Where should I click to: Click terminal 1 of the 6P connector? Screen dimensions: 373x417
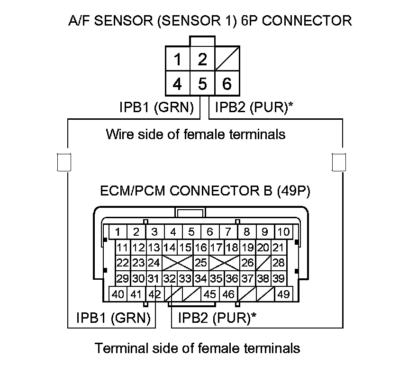pyautogui.click(x=177, y=60)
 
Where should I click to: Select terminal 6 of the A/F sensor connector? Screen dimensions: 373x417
pyautogui.click(x=227, y=84)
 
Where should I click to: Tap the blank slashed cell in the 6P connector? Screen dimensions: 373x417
pyautogui.click(x=227, y=60)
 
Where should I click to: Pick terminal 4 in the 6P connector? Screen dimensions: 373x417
pyautogui.click(x=177, y=84)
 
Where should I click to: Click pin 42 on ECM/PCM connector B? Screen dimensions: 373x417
pyautogui.click(x=154, y=294)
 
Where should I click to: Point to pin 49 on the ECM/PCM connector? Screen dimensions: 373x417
pyautogui.click(x=284, y=294)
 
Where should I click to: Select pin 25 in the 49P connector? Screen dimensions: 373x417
pyautogui.click(x=201, y=262)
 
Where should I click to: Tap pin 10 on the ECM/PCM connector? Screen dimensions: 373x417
pyautogui.click(x=283, y=232)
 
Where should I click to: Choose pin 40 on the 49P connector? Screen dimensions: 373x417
pyautogui.click(x=118, y=294)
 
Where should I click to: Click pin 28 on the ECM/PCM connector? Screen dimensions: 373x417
pyautogui.click(x=279, y=262)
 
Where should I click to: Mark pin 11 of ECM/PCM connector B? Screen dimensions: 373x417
pyautogui.click(x=123, y=247)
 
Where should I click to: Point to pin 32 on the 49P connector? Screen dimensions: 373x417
pyautogui.click(x=169, y=278)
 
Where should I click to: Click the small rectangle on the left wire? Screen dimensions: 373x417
pyautogui.click(x=63, y=161)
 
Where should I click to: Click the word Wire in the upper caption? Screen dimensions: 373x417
pyautogui.click(x=119, y=134)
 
